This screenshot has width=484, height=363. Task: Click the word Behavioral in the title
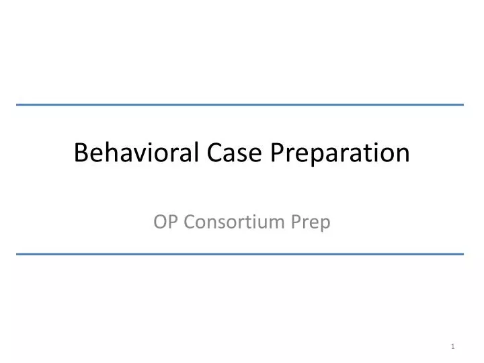click(x=134, y=153)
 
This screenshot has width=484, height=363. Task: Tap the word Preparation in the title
click(x=341, y=154)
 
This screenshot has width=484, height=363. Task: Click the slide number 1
click(x=454, y=346)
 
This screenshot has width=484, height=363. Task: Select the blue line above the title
click(x=240, y=105)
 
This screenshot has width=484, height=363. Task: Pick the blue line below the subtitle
click(x=240, y=253)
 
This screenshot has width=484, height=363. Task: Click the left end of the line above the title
click(x=17, y=105)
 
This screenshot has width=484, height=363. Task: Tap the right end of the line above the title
click(x=462, y=105)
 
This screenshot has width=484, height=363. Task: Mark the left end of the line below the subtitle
click(x=17, y=253)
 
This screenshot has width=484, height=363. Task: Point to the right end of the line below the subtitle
click(x=462, y=253)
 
